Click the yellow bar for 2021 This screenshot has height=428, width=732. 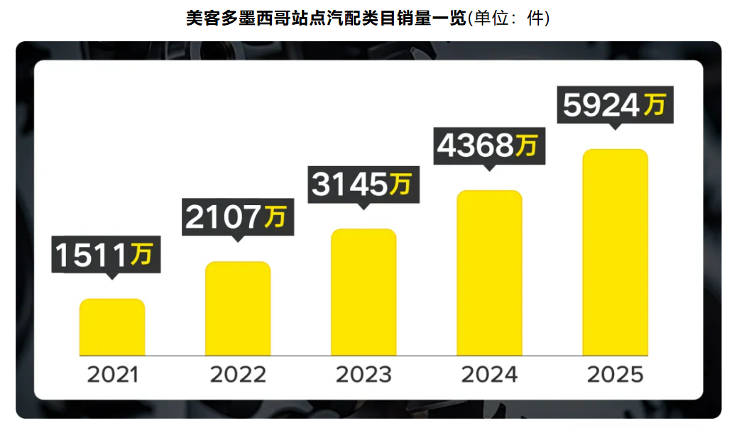112,327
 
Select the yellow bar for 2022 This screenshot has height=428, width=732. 238,309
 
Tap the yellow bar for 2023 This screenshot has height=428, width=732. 364,292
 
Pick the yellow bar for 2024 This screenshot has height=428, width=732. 489,273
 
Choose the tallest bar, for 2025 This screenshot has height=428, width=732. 615,252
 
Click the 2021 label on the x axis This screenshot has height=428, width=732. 112,375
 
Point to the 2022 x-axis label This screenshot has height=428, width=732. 238,375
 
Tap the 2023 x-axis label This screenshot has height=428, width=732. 364,375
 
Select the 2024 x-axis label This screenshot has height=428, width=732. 489,375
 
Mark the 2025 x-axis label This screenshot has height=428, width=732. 615,375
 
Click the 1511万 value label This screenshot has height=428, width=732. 106,255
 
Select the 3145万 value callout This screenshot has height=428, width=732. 363,184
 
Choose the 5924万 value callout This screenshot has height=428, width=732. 615,106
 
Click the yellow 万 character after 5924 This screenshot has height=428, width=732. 655,105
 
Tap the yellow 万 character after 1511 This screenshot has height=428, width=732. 142,254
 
